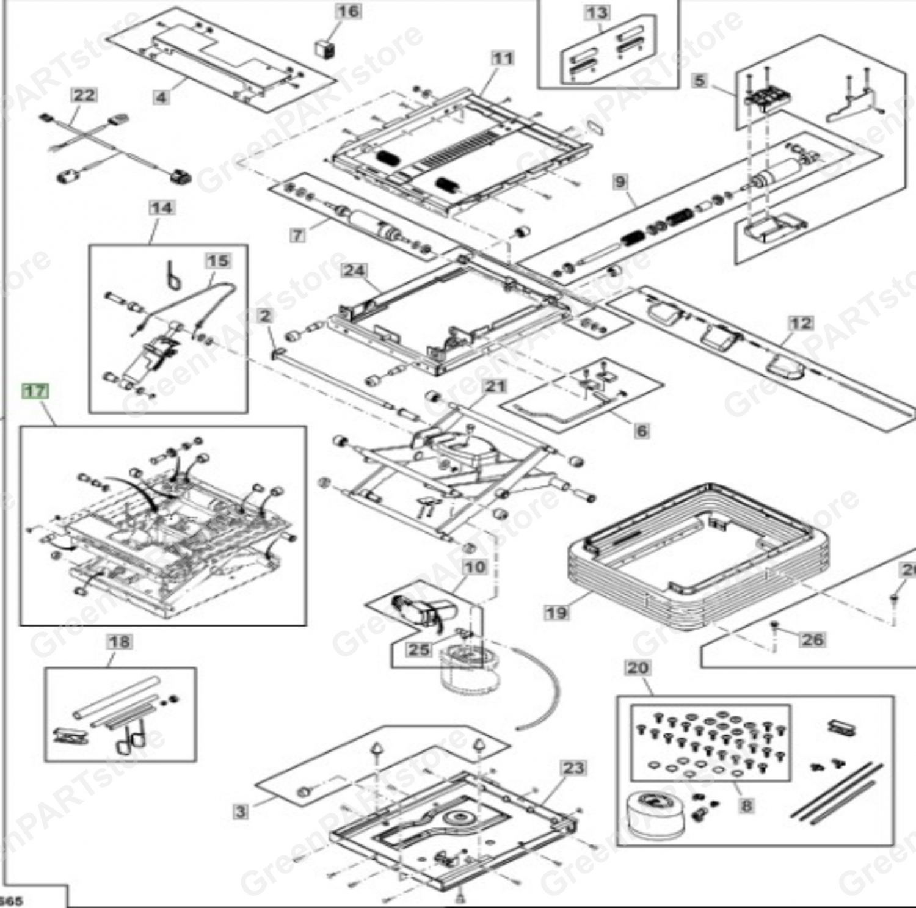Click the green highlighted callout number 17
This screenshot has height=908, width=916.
[x=35, y=391]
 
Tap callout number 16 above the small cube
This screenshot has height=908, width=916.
[x=348, y=12]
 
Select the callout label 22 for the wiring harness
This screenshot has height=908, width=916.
[x=84, y=95]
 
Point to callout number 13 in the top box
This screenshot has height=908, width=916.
[x=597, y=13]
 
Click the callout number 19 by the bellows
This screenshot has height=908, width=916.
[x=556, y=612]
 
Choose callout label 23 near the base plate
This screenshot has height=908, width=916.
[x=573, y=768]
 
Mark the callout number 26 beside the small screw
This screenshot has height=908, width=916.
[x=812, y=639]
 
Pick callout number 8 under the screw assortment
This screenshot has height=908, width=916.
[x=746, y=805]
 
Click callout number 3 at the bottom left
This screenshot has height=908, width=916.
[x=241, y=812]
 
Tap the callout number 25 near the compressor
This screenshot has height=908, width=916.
[x=418, y=649]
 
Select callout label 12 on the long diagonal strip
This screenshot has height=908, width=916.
[x=801, y=323]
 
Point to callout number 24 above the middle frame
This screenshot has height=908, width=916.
[x=354, y=271]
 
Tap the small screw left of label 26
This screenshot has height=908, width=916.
[x=774, y=625]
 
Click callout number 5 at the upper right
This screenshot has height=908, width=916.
[x=700, y=80]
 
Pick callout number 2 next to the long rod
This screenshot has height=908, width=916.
[x=264, y=316]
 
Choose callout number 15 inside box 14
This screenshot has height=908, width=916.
[x=217, y=261]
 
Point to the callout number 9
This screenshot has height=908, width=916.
[x=620, y=181]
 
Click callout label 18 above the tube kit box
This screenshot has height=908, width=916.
[x=119, y=641]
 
